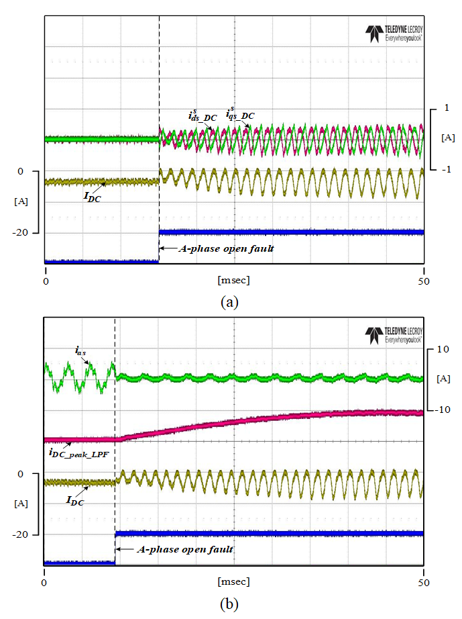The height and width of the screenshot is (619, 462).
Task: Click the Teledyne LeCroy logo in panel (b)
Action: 394,336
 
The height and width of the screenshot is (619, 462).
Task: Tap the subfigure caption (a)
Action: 230,301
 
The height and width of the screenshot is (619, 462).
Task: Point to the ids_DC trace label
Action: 202,116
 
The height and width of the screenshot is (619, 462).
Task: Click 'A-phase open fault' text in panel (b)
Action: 185,549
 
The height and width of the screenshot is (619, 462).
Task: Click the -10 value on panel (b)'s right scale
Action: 442,410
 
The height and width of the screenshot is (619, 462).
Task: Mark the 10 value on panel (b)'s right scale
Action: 443,350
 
